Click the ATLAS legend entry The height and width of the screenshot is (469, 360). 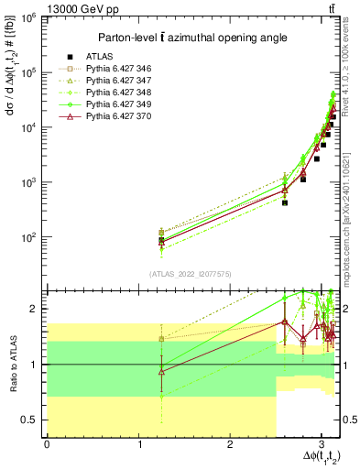[100, 56]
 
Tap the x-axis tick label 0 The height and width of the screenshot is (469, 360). [47, 444]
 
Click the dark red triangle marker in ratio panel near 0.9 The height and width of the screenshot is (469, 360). [161, 371]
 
